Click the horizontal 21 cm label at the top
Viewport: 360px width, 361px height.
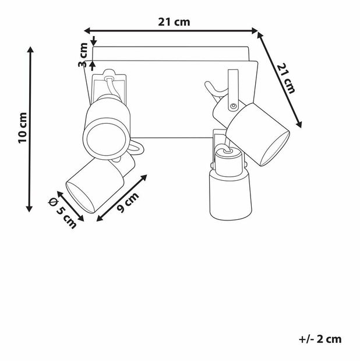coord(174,22)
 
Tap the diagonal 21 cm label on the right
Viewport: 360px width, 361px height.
coord(286,78)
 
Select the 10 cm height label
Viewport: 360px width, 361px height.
coord(23,128)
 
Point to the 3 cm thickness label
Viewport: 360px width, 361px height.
coord(83,55)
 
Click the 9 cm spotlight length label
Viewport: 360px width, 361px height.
coord(128,202)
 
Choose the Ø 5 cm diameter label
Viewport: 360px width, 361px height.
coord(62,213)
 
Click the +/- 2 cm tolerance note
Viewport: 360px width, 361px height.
coord(320,339)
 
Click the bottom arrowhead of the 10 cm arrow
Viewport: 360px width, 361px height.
coord(29,209)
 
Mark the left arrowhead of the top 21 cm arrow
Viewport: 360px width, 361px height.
coord(87,30)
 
